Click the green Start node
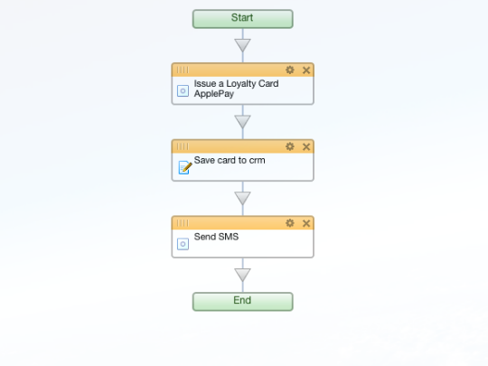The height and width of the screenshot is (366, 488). point(243,19)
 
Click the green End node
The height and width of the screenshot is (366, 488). point(243,301)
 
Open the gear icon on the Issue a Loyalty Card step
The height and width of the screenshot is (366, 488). point(290,70)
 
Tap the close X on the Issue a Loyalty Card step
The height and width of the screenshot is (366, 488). point(306,70)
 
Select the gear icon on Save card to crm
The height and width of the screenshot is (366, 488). point(290,146)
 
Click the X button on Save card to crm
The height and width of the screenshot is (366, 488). point(306,147)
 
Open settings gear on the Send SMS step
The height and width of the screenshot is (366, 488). point(290,223)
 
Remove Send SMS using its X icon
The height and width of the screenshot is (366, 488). point(306,223)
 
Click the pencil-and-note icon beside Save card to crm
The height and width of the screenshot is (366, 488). point(185,167)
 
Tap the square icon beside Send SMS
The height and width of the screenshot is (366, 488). point(183,244)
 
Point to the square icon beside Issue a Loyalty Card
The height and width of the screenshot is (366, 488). point(183,91)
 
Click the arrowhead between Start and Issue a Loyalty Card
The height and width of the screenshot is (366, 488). point(243,45)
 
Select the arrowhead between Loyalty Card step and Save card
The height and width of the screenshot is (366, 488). point(243,122)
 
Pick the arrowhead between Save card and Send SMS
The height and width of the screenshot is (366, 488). point(243,199)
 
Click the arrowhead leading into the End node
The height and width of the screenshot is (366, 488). point(243,275)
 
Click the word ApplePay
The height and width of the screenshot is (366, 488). point(214,94)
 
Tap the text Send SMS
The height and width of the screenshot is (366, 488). point(216,237)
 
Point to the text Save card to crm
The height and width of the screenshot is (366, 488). point(230,160)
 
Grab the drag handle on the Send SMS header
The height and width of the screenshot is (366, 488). point(183,223)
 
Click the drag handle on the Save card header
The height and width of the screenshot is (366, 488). point(183,146)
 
